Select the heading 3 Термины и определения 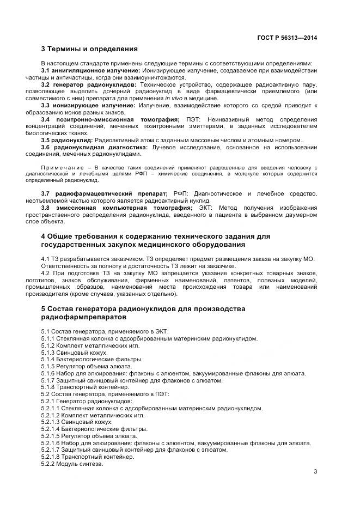[89, 49]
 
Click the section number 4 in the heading [44, 236]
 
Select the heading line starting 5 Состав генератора [135, 309]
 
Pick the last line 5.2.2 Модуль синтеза [71, 464]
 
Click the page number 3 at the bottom [315, 471]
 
